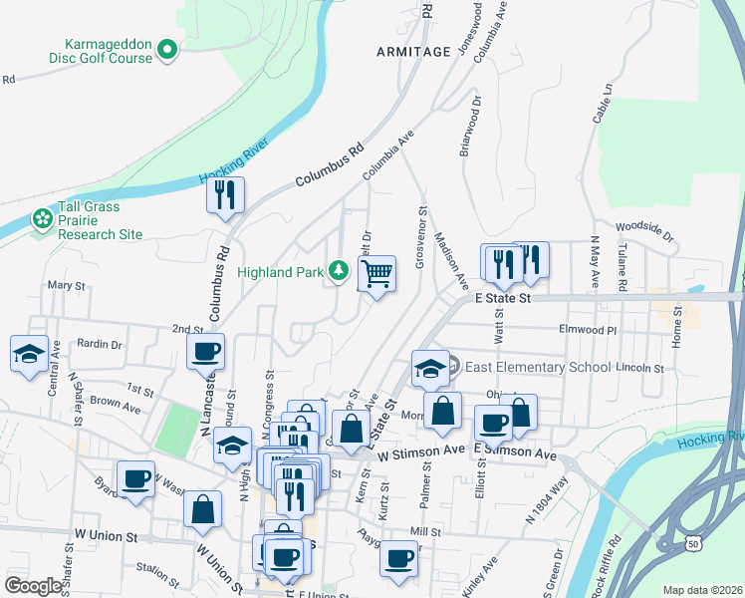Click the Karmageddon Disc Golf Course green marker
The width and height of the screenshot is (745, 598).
[168, 48]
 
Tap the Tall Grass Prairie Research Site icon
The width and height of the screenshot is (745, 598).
[42, 218]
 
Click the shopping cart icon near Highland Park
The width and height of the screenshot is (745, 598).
[377, 272]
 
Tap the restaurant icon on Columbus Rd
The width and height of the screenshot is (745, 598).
[225, 194]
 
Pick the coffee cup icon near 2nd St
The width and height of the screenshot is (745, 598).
[206, 351]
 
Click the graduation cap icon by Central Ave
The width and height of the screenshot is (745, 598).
[29, 353]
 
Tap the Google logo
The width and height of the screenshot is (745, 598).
[33, 585]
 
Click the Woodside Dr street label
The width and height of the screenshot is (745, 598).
[644, 231]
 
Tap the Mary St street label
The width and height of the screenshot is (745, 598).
[67, 285]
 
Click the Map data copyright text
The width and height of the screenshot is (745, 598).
[702, 590]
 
